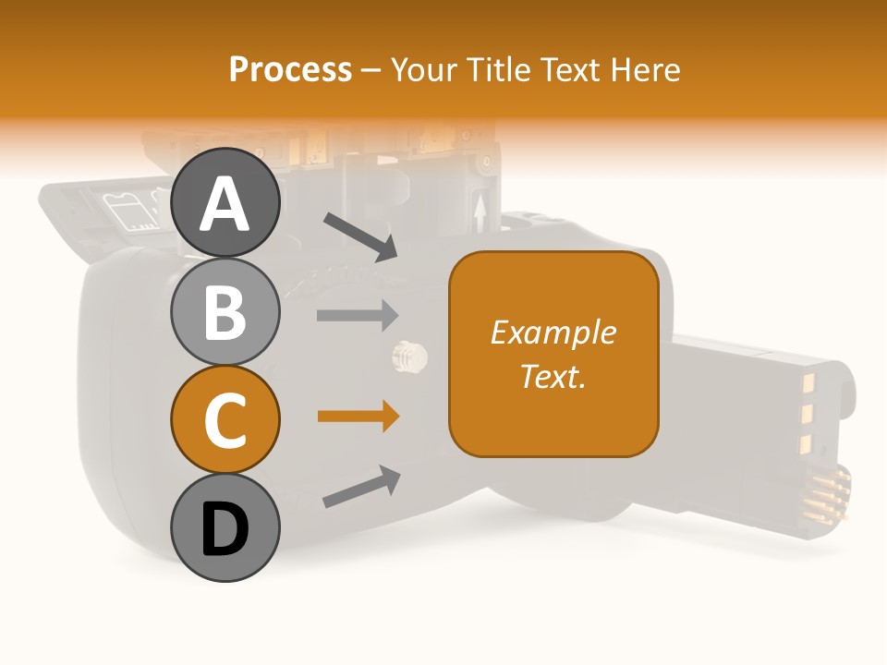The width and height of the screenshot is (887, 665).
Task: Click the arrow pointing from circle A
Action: [359, 236]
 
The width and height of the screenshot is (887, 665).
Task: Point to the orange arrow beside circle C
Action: [358, 417]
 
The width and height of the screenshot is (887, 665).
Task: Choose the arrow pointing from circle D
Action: [360, 487]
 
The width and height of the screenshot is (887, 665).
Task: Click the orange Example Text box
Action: [553, 354]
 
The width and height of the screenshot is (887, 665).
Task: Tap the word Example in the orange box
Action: [553, 332]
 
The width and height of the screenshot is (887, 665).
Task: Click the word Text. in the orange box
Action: [553, 377]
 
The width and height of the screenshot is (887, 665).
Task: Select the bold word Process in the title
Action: [290, 69]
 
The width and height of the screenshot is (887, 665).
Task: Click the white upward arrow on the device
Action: [480, 213]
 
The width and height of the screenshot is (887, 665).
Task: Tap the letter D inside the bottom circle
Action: [225, 529]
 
